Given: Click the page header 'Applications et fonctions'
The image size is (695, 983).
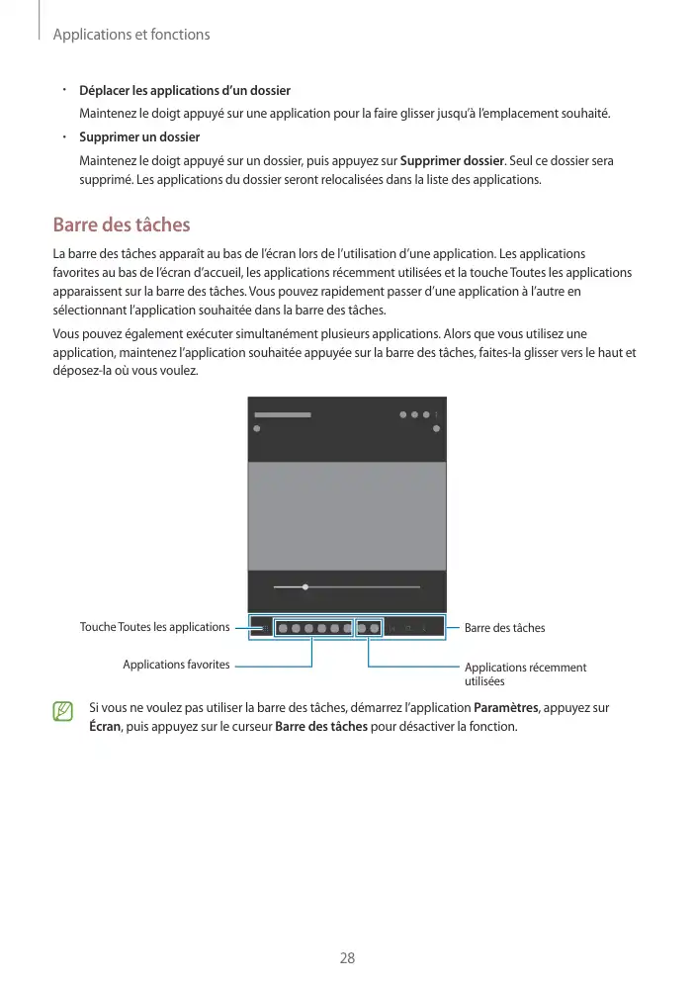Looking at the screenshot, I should pos(130,35).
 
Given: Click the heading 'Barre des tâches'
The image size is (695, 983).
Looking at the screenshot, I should pos(121,225).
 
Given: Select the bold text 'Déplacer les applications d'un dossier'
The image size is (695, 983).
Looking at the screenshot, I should pos(185,91).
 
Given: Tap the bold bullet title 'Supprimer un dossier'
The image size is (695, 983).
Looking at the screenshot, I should pos(139,136).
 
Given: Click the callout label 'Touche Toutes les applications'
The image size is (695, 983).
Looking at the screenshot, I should pos(154,627).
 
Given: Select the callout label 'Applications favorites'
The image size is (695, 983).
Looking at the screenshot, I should pos(176,665).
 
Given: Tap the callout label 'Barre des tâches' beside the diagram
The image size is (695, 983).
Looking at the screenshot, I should pos(504,628).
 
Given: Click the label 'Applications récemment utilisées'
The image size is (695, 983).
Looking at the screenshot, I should pos(525,674).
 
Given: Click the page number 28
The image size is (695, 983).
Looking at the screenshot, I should pos(347,958).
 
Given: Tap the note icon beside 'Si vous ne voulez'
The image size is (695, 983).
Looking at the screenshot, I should pos(63,711).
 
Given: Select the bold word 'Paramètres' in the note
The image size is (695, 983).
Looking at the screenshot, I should pos(507,708).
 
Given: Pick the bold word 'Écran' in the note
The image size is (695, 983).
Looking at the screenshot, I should pos(104,727).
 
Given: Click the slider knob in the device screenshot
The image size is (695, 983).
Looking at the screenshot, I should pos(305,586).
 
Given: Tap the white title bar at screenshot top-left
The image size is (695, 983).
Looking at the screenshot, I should pos(283,414).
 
